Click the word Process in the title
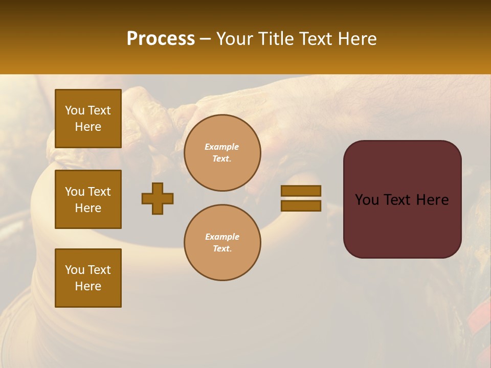coord(161,39)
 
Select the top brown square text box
coord(88,119)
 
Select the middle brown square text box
coord(88,199)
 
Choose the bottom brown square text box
coord(88,278)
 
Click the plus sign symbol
coord(158,198)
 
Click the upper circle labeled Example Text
coord(222,153)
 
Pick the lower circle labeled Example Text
coord(222,243)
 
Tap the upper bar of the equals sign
coord(301,191)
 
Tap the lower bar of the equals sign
coord(301,206)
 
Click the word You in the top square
coord(74,110)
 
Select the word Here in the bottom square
coord(88,286)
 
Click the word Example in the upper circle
coord(222,147)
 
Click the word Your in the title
coord(235,39)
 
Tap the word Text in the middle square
coord(99,192)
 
